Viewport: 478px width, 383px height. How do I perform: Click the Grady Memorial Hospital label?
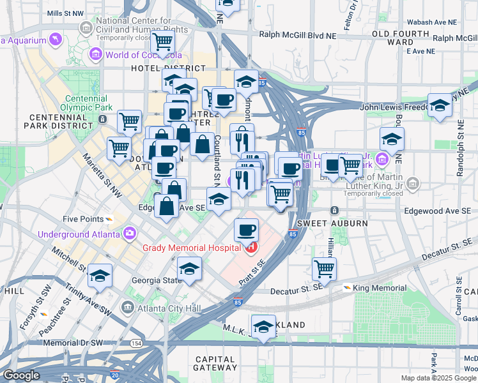tap(190, 248)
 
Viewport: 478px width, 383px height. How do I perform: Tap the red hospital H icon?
tap(252, 248)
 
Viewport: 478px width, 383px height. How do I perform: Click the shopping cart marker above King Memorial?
tap(324, 268)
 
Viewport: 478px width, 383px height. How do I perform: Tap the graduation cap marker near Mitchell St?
tap(99, 275)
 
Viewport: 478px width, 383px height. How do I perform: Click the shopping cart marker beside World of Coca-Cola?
tap(162, 42)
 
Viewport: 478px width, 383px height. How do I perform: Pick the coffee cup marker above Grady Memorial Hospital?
tap(246, 229)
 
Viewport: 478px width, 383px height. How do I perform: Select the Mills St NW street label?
tap(65, 12)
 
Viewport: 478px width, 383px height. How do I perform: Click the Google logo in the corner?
tap(20, 375)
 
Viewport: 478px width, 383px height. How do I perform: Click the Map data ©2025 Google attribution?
tap(438, 378)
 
